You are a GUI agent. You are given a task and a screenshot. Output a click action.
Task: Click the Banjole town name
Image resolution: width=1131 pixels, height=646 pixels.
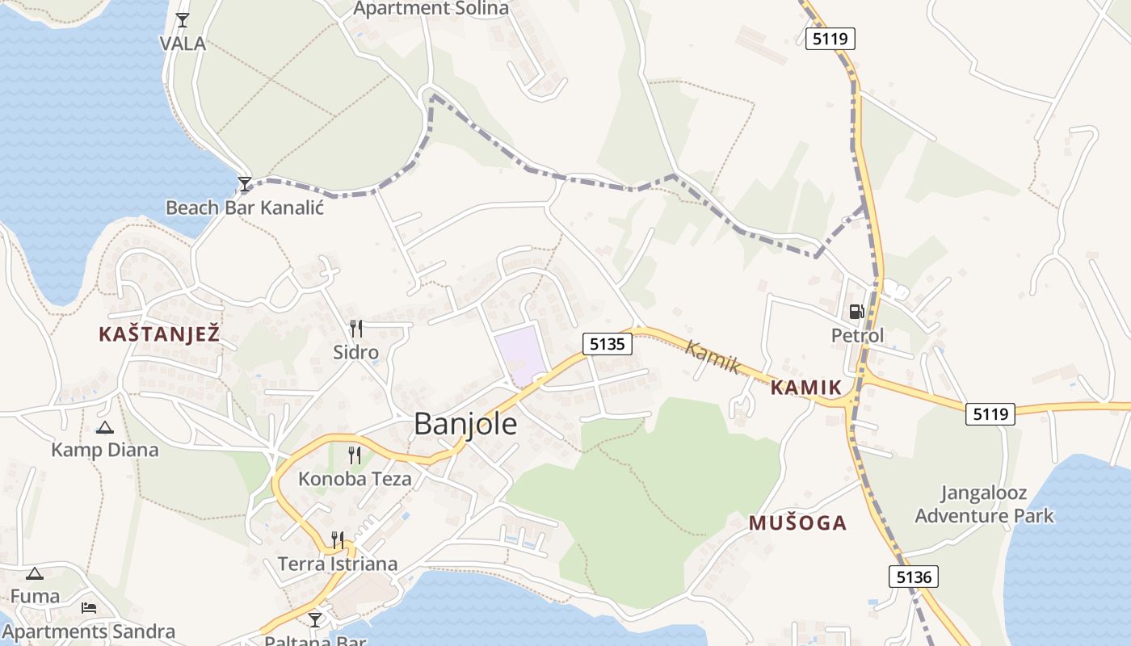(x=465, y=424)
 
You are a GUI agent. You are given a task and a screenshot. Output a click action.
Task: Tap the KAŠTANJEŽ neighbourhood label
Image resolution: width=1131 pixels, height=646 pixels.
(x=159, y=333)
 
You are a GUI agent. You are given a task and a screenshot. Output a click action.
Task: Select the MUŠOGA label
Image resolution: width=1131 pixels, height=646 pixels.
(x=797, y=522)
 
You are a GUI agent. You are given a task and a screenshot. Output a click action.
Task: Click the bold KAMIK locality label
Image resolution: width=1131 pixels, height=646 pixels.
(x=805, y=388)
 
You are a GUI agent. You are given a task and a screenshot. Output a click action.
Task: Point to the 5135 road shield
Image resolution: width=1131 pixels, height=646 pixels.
(x=607, y=344)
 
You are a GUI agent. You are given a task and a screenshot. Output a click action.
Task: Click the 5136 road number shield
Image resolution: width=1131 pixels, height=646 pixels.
(x=914, y=577)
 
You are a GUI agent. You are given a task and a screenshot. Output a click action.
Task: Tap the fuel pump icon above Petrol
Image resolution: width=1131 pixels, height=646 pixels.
(x=856, y=311)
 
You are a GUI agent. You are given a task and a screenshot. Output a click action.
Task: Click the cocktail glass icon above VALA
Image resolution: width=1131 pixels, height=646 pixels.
(x=183, y=20)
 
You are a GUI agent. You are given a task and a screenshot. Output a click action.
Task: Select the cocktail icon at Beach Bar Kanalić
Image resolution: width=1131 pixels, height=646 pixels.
(x=245, y=184)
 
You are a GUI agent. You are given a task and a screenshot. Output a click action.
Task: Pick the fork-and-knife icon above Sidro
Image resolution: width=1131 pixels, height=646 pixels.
(x=355, y=329)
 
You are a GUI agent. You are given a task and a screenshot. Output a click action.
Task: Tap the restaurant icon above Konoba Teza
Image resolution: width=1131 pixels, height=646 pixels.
(x=355, y=455)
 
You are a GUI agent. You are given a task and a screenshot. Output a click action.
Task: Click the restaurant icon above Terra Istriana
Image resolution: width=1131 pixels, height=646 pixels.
(x=338, y=539)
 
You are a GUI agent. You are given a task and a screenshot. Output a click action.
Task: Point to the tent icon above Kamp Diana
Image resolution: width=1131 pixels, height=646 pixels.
(x=104, y=427)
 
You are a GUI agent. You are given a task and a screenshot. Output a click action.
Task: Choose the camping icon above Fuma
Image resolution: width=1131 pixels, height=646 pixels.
(x=34, y=574)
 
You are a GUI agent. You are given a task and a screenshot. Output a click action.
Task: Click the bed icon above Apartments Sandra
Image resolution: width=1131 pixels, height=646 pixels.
(x=89, y=607)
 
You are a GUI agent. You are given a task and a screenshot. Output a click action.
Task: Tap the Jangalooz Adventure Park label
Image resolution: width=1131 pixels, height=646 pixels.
(x=984, y=504)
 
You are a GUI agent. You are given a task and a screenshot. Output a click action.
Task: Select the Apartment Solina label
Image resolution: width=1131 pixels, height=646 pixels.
(x=431, y=9)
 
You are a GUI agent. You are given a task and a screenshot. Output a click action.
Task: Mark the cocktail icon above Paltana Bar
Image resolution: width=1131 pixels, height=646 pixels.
(x=315, y=619)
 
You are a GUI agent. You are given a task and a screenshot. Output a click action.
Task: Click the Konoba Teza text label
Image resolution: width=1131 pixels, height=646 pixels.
(x=355, y=479)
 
